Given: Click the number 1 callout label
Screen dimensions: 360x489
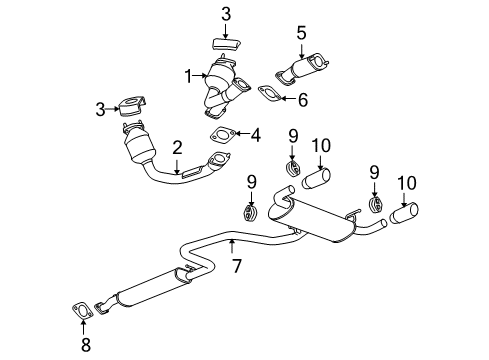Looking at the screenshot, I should (186, 74).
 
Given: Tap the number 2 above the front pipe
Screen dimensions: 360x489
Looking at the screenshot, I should (176, 148).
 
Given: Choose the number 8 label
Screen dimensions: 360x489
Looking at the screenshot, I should (84, 345).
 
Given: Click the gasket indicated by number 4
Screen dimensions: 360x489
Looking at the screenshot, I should (222, 137).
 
